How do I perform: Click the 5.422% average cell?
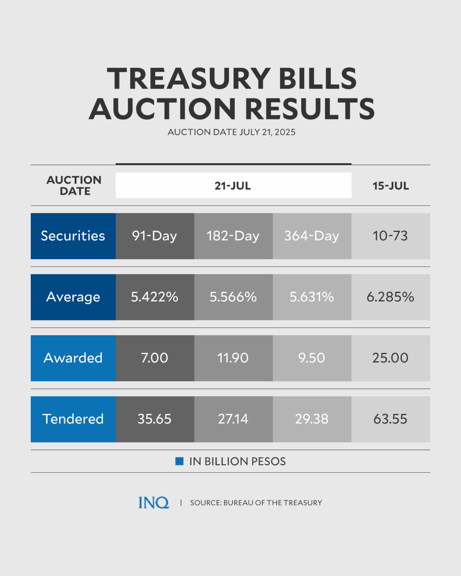pos(155,297)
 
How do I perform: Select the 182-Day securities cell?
pos(233,236)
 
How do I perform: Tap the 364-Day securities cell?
pos(312,236)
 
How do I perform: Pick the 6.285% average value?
pos(390,297)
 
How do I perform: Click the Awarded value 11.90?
pos(233,358)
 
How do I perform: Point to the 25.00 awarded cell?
pos(390,358)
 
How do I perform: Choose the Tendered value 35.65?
pos(155,419)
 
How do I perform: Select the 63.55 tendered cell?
pos(390,419)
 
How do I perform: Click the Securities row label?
pos(73,236)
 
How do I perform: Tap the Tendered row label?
pos(73,419)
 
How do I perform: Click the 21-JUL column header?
pos(233,186)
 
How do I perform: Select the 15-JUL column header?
pos(391,186)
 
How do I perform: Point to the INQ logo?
pos(154,503)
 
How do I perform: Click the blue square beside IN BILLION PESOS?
pos(179,461)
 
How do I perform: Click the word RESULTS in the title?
pos(310,109)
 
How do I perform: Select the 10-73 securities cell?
pos(390,236)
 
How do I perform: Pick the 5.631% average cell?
pos(312,297)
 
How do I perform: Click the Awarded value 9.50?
pos(312,358)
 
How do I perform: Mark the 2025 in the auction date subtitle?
pos(285,132)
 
